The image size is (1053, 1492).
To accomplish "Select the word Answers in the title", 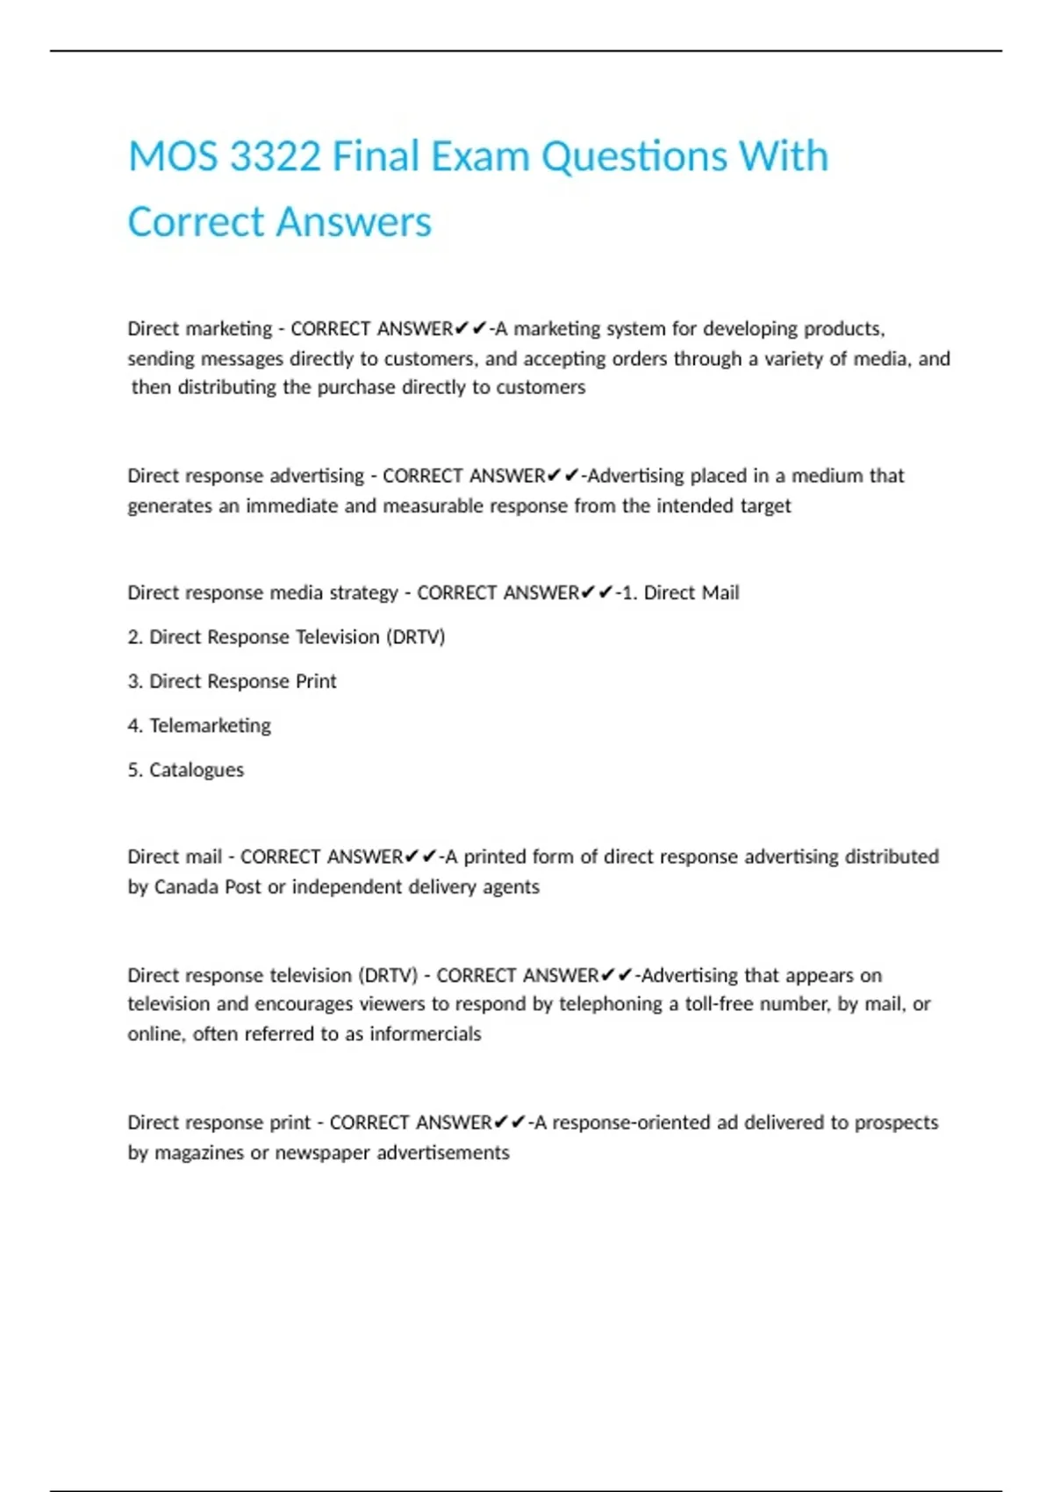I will click(355, 222).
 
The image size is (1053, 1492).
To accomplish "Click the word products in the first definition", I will click(843, 329).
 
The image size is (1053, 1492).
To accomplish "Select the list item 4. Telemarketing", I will click(199, 726).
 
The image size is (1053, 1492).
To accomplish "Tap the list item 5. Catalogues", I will click(186, 770).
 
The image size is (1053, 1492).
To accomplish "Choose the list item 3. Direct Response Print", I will click(232, 681).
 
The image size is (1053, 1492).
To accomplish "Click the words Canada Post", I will click(208, 887).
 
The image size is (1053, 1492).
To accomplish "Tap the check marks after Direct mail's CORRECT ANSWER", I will click(420, 857).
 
